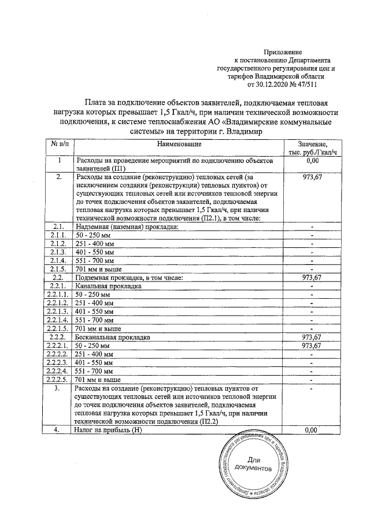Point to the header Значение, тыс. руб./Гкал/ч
tap(312, 147)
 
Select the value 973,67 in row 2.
tap(312, 177)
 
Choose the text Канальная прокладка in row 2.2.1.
tap(108, 286)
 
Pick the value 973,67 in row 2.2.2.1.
tap(312, 346)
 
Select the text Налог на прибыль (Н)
tap(108, 431)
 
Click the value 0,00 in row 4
tap(312, 431)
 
